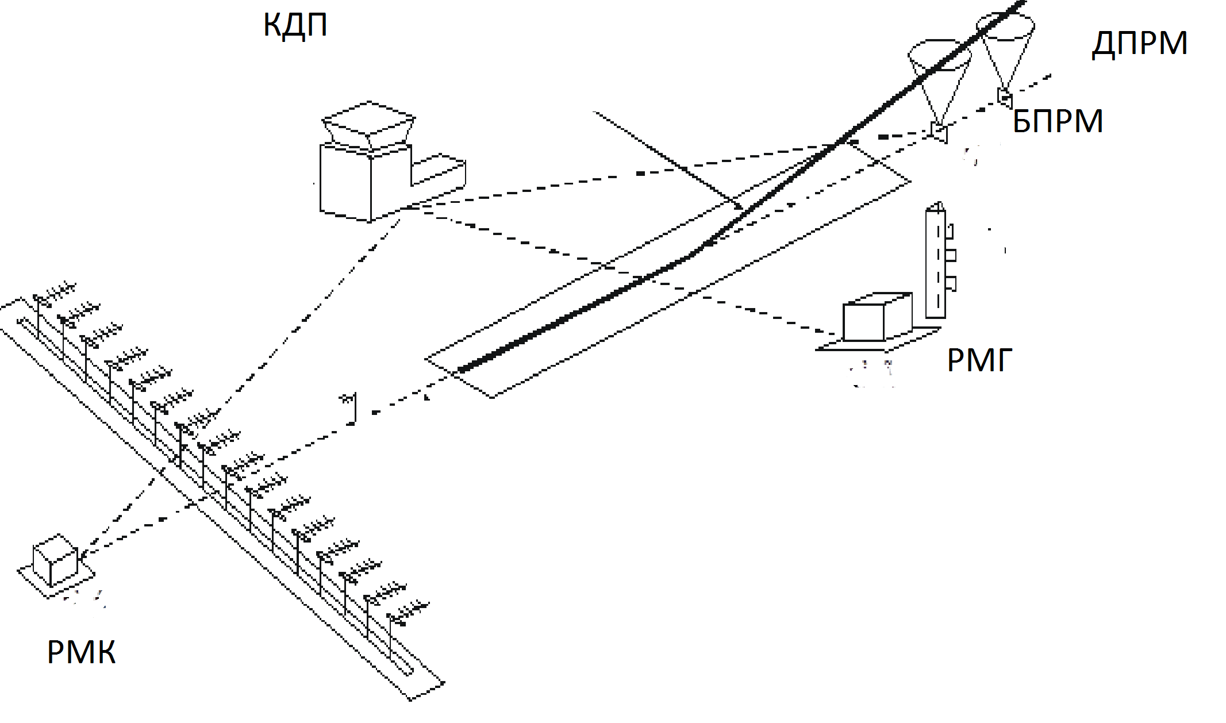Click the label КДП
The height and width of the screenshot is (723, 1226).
(x=295, y=25)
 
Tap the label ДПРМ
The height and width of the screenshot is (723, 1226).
(x=1139, y=44)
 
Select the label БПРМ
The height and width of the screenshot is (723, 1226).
(x=1058, y=121)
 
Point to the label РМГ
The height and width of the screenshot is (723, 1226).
(x=979, y=361)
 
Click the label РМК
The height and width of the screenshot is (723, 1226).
(x=81, y=652)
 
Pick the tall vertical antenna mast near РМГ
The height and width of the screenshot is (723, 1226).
(x=935, y=264)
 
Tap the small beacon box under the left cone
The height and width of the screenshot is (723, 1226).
(x=939, y=133)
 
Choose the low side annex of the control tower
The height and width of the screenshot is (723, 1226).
(x=438, y=170)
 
